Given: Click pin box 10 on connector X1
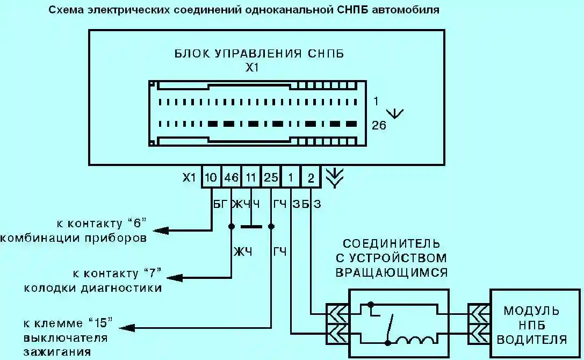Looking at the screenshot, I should coord(211,177).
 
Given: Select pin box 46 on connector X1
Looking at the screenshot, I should coord(231,177).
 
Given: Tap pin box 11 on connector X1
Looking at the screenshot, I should coord(251,177).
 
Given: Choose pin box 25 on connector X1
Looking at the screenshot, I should coord(271,177).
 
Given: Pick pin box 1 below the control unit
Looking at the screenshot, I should coord(291,177).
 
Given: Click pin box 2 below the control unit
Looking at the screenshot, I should coord(311,177).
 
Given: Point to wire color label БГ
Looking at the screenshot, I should coord(220,204).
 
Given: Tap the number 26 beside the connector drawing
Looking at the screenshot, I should coord(379,126).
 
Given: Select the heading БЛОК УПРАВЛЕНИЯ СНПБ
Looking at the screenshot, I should coord(259,54).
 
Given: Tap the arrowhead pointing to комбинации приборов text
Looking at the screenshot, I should coord(161,231).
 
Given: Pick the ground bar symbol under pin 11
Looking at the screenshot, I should coord(251,226).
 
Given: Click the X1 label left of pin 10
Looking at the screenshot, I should coord(189,177).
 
